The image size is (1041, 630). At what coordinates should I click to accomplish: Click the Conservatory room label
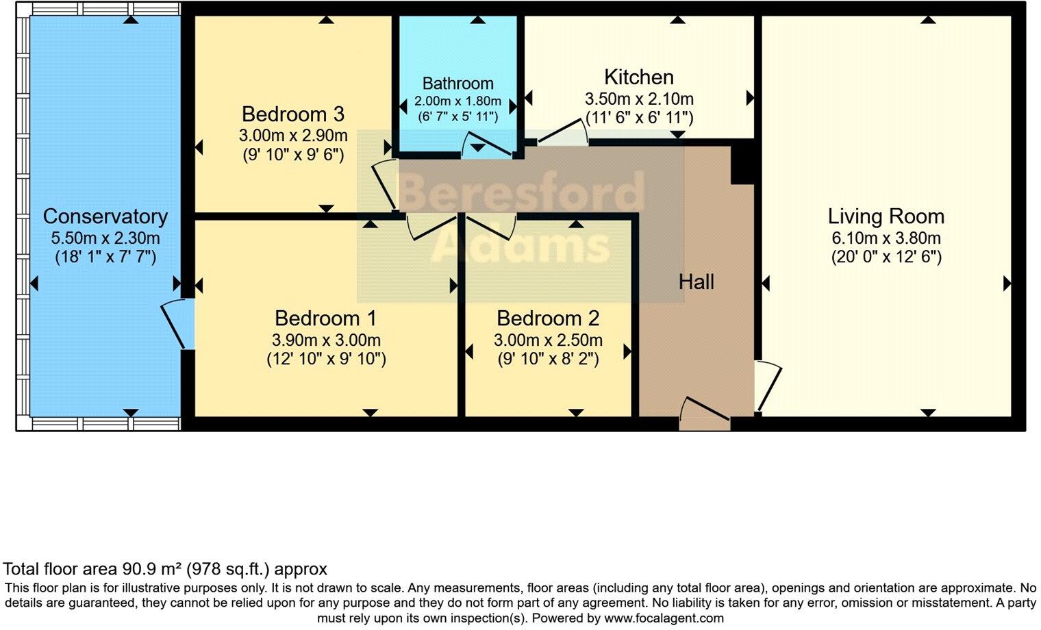105,216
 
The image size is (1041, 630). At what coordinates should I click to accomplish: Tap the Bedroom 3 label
292,114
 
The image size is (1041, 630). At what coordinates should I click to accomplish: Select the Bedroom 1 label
325,318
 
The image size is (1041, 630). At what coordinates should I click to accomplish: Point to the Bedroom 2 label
548,318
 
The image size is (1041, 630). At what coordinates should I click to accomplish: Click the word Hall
696,281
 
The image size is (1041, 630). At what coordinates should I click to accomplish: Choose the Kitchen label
638,77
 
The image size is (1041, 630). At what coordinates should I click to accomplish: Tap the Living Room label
886,216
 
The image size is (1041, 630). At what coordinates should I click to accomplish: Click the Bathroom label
457,84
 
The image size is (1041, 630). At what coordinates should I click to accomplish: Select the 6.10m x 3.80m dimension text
886,238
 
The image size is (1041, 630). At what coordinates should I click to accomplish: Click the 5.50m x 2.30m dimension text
105,238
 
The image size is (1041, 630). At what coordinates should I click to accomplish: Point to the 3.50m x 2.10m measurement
638,99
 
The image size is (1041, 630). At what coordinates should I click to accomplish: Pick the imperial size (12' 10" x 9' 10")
326,359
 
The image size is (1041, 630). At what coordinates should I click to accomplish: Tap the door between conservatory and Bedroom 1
177,325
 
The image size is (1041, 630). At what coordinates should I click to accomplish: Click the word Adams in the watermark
520,244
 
